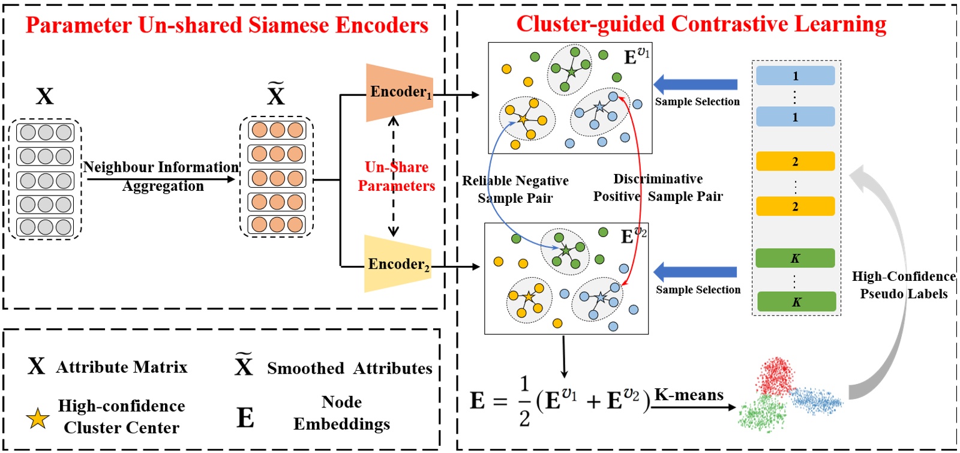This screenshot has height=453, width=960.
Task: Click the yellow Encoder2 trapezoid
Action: pyautogui.click(x=397, y=264)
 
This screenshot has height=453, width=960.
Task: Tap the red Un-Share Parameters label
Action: pyautogui.click(x=396, y=176)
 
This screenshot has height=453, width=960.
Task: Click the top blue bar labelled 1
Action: pyautogui.click(x=795, y=76)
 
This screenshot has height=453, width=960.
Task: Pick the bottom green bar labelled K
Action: pyautogui.click(x=796, y=302)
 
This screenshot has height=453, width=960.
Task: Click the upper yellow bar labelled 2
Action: pyautogui.click(x=795, y=161)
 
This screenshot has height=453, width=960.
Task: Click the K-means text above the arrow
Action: pyautogui.click(x=689, y=395)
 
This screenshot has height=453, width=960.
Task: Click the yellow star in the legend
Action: pyautogui.click(x=37, y=418)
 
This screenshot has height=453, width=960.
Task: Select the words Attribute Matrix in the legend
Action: pyautogui.click(x=122, y=367)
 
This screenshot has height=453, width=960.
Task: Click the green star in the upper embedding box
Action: pyautogui.click(x=572, y=72)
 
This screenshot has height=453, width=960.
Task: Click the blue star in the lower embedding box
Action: pyautogui.click(x=601, y=297)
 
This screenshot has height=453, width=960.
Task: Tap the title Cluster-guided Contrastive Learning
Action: pyautogui.click(x=701, y=24)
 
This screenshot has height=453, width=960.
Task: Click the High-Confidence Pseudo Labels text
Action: pyautogui.click(x=904, y=285)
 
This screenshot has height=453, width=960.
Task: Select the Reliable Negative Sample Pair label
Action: pyautogui.click(x=515, y=189)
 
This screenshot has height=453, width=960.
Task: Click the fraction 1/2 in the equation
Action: pyautogui.click(x=524, y=401)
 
